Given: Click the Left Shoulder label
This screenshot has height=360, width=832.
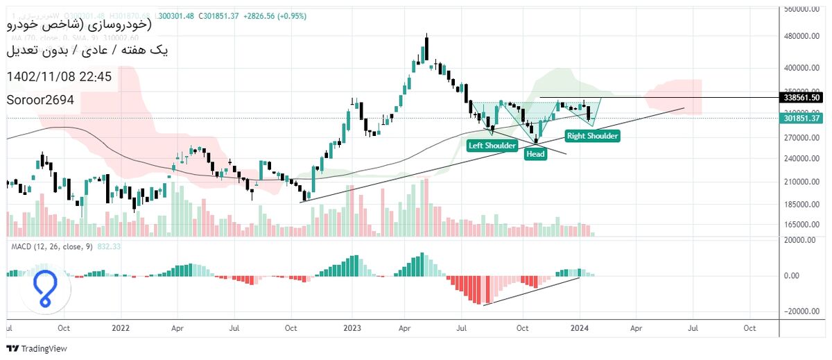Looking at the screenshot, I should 492,146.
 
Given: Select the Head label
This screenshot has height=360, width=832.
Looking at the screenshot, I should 535,154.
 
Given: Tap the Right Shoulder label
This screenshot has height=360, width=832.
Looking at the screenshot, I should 592,136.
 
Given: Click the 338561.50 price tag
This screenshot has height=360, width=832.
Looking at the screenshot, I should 802,98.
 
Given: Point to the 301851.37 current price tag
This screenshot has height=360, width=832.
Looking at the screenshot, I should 802,118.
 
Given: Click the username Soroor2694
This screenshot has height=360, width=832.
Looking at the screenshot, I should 40,100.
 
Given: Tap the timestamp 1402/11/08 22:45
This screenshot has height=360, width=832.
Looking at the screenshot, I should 58,76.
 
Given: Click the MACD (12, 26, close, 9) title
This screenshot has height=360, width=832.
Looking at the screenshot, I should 51,246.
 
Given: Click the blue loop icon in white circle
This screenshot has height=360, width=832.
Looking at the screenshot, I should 46,291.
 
